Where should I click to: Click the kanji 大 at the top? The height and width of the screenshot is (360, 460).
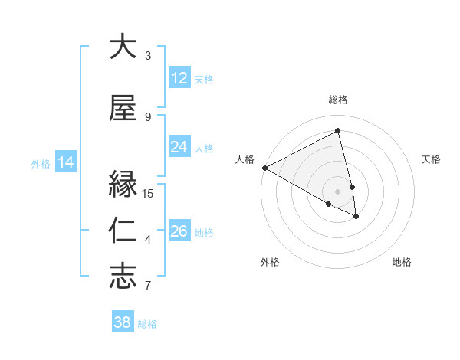[x=123, y=47]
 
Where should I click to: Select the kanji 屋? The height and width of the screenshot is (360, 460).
[x=123, y=108]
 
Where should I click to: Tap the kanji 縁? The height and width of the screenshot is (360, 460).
[x=123, y=185]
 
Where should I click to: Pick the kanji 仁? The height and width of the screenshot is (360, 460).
[x=123, y=231]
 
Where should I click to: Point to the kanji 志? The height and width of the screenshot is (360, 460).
[x=123, y=277]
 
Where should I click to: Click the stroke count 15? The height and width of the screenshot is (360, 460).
[x=149, y=193]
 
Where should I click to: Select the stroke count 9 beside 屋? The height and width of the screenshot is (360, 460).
[x=148, y=116]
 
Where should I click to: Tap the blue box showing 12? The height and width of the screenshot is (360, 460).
[x=179, y=78]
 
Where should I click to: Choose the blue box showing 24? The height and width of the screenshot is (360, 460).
[x=179, y=147]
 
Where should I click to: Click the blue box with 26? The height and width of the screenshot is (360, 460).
[x=179, y=231]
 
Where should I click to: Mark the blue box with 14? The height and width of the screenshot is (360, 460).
[x=66, y=162]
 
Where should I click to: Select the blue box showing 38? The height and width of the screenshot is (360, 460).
[x=123, y=322]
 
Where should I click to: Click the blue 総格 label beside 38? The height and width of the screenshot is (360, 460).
[x=147, y=324]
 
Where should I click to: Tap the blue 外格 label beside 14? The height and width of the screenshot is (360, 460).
[x=41, y=163]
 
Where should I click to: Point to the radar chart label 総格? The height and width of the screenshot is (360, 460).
[x=338, y=100]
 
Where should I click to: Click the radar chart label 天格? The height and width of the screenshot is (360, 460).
[x=431, y=159]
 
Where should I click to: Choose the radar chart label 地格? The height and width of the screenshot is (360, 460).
[x=402, y=262]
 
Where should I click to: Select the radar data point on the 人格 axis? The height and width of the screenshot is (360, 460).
[x=264, y=167]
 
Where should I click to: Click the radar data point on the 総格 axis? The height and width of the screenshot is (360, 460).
[x=338, y=130]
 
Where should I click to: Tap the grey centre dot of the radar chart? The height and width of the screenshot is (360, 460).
[x=338, y=191]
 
